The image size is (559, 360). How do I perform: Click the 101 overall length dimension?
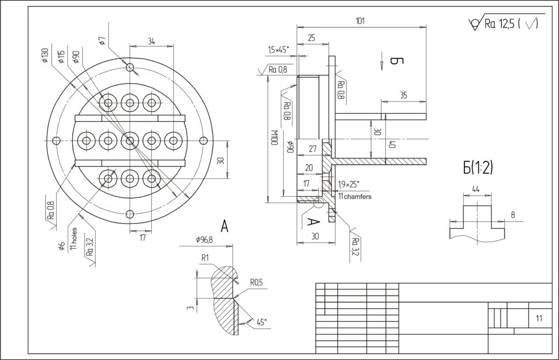[360, 21]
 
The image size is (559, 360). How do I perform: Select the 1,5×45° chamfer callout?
[278, 50]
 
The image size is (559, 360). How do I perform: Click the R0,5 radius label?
[256, 282]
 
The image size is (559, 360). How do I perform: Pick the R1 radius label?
[206, 257]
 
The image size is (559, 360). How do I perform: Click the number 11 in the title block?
[539, 318]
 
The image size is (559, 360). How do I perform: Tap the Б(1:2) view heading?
[478, 168]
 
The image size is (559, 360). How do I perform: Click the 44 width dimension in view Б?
[476, 189]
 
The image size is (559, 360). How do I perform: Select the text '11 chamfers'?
[355, 196]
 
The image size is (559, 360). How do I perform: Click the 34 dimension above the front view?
[151, 41]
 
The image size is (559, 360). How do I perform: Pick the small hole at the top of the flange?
[130, 67]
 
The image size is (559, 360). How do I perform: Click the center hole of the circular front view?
[130, 140]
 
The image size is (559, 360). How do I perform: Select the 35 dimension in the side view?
[403, 95]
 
